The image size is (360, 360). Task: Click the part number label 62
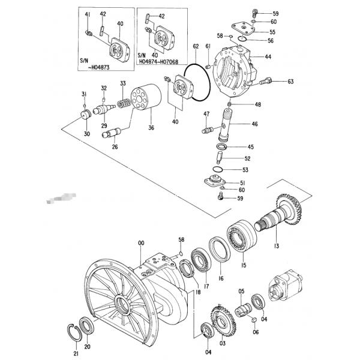[196, 46]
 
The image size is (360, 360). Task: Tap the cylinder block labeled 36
[146, 97]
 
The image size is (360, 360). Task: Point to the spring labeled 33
[124, 104]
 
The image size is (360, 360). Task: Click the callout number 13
[277, 246]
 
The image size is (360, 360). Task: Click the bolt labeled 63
[266, 81]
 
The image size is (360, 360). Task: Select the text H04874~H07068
[158, 62]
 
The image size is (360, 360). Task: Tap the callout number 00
[141, 243]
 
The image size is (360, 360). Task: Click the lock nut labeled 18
[186, 267]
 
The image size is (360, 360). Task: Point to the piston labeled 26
[111, 133]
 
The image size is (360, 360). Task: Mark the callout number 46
[254, 124]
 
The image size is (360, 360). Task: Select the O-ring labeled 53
[218, 169]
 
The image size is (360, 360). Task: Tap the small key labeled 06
[254, 320]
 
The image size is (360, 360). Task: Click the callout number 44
[268, 56]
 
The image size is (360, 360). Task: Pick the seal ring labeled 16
[220, 249]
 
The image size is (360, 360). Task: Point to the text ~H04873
[99, 67]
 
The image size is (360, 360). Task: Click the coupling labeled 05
[244, 310]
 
